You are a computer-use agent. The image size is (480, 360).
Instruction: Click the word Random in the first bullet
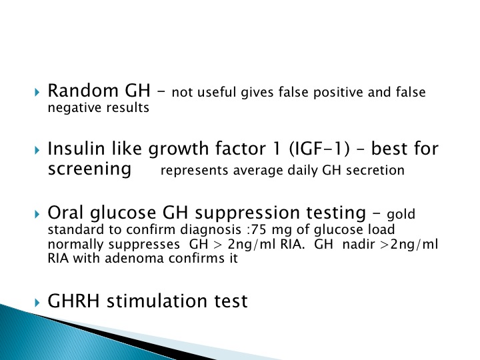click(83, 91)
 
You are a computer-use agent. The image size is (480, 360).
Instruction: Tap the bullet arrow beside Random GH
click(37, 92)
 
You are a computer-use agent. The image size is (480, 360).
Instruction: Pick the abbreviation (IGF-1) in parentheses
click(319, 149)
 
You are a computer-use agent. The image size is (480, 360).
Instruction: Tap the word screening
click(90, 169)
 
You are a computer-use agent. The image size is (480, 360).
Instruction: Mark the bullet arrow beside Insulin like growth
click(37, 150)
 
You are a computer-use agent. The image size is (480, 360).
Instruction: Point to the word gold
click(401, 215)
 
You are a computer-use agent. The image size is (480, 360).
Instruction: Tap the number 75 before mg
click(259, 229)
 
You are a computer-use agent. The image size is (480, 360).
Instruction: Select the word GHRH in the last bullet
click(74, 301)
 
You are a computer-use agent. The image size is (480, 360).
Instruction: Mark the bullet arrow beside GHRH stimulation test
click(37, 303)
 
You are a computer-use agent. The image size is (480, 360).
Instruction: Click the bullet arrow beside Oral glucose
click(37, 214)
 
